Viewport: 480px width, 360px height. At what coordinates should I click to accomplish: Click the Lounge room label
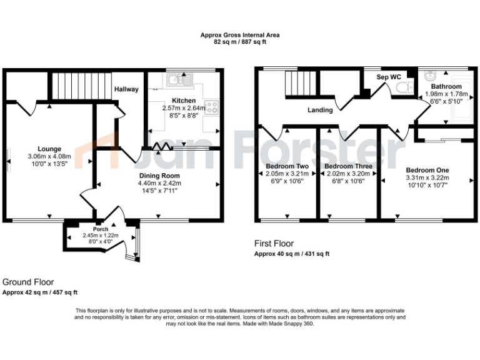tap(49, 149)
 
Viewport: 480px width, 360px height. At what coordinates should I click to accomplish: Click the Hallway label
tap(126, 89)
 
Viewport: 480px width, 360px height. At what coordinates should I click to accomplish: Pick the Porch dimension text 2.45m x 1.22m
tap(100, 236)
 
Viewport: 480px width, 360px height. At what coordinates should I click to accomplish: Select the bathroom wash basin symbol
tap(429, 76)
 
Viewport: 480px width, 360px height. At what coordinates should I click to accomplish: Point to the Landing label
tap(319, 110)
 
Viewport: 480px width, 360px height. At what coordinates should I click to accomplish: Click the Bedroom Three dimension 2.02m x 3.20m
tap(348, 174)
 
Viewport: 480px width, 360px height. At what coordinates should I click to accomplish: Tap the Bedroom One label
tap(427, 170)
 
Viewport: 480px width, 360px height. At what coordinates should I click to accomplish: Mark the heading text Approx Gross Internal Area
tap(239, 36)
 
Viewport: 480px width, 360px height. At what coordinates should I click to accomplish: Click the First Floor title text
tap(274, 244)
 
